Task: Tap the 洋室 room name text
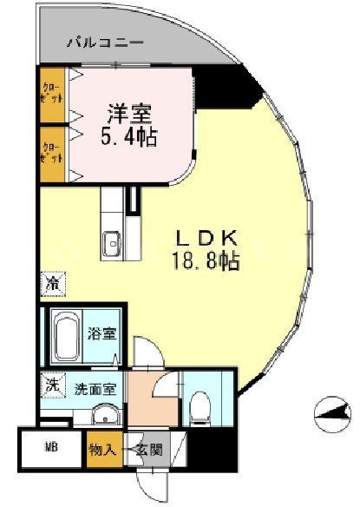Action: [x=131, y=113]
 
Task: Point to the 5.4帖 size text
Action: [x=131, y=136]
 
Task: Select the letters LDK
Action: [x=207, y=237]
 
